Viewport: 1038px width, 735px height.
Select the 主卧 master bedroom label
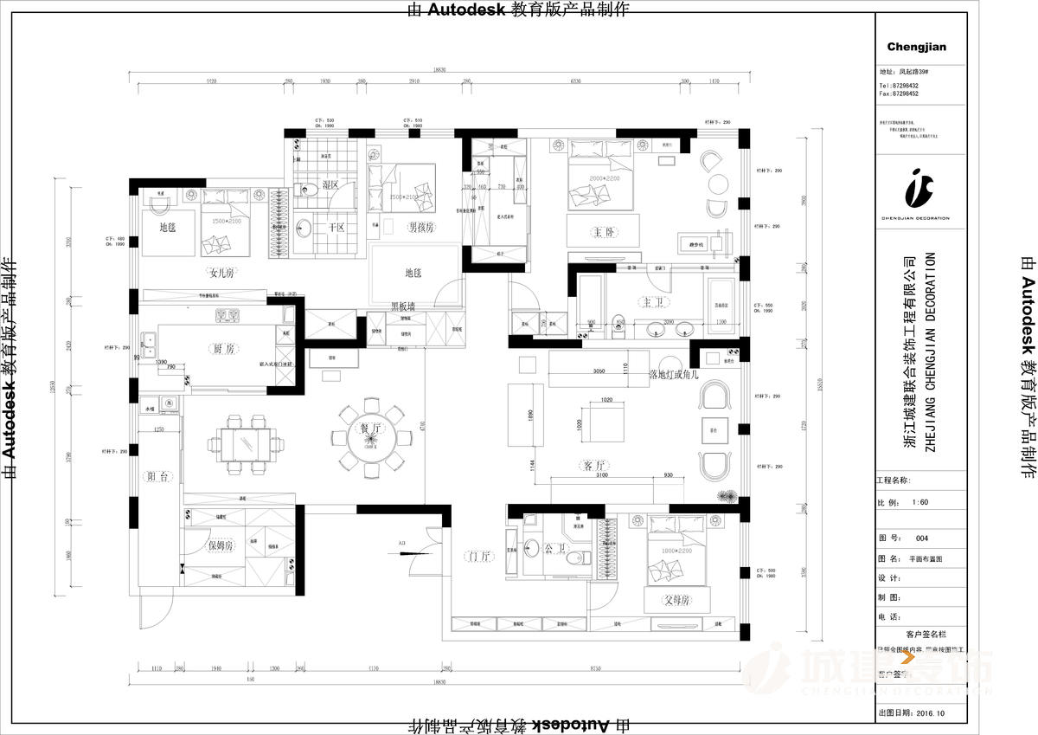pyautogui.click(x=603, y=232)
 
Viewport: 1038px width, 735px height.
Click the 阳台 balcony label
pyautogui.click(x=157, y=475)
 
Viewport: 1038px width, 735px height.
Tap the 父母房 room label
pyautogui.click(x=676, y=599)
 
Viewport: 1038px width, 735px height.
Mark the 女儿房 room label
pyautogui.click(x=221, y=273)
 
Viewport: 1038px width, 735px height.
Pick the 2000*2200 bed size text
pyautogui.click(x=595, y=177)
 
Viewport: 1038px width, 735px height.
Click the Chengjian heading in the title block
pyautogui.click(x=917, y=47)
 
